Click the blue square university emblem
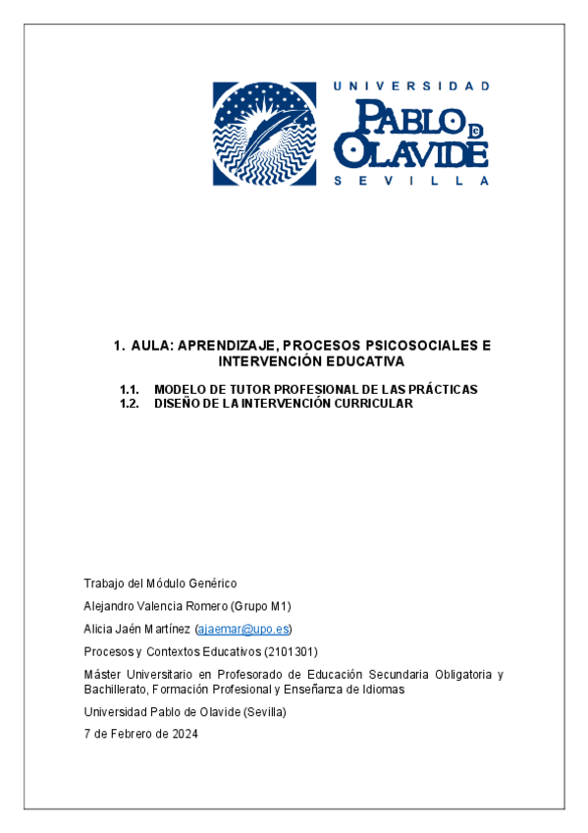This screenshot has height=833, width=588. point(266,134)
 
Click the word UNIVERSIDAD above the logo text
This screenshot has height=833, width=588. point(411,86)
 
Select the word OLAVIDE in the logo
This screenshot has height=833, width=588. point(411,152)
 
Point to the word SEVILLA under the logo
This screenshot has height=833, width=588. point(411,181)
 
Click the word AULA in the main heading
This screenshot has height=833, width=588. point(149,346)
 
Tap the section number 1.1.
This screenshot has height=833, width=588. point(130,390)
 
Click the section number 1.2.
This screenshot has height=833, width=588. point(130,404)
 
